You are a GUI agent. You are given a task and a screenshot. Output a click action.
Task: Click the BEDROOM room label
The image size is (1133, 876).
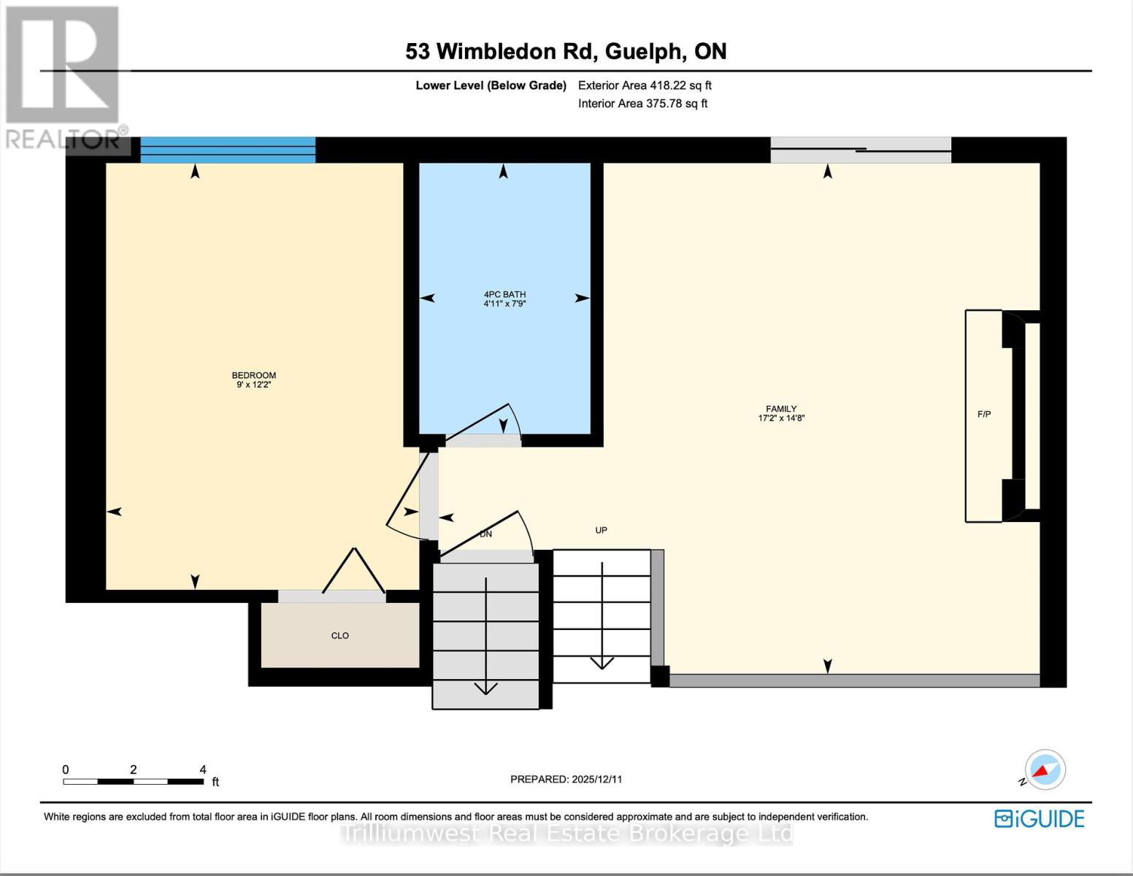click(254, 375)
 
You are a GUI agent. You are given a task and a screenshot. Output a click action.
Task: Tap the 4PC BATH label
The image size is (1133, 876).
click(504, 294)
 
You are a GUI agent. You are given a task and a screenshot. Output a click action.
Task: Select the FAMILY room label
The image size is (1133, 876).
click(781, 409)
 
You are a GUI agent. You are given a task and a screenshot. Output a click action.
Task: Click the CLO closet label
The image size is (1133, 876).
click(340, 636)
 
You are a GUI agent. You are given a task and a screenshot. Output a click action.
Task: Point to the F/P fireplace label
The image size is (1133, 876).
click(984, 415)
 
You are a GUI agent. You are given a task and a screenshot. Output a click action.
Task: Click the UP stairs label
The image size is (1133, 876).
click(601, 530)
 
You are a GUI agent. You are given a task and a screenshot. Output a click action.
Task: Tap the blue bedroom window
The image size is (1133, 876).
click(228, 150)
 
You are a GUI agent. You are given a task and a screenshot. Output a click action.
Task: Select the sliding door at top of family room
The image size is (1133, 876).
click(861, 150)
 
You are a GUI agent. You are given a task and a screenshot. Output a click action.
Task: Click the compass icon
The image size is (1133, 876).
click(1045, 769)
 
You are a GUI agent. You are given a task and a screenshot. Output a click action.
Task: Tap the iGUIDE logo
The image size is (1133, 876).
click(1040, 818)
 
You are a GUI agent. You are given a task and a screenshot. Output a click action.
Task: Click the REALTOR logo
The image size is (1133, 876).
click(64, 77)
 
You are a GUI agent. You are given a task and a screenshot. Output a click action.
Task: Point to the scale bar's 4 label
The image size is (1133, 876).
click(203, 769)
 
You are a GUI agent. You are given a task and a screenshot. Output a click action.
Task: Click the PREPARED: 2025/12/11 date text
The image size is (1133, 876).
click(566, 779)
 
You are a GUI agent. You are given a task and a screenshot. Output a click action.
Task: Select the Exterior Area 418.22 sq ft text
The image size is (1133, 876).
click(645, 85)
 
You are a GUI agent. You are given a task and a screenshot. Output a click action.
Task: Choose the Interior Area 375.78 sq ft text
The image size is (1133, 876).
click(642, 104)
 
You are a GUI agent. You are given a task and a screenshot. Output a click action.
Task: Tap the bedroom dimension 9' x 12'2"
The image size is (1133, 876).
click(254, 385)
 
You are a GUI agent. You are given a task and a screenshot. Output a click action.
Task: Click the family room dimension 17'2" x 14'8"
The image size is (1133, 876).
click(781, 418)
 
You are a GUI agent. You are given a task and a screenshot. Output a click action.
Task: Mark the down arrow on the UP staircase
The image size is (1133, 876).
click(602, 617)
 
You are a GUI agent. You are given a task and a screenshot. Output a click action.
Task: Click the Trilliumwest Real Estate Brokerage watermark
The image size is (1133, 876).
click(566, 834)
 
